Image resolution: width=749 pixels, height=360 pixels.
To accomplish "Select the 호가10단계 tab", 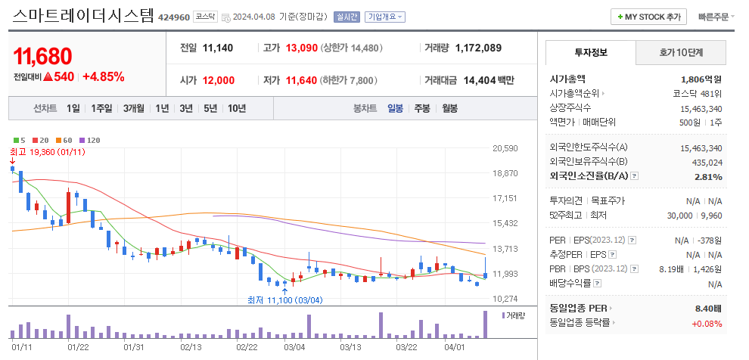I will [x=680, y=53].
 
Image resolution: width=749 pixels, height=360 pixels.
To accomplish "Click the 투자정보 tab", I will [x=590, y=53].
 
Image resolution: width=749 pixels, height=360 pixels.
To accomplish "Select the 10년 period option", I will [x=236, y=108].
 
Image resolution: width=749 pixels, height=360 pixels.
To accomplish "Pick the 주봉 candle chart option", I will [x=421, y=108].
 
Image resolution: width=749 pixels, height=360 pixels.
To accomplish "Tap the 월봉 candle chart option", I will [x=449, y=108].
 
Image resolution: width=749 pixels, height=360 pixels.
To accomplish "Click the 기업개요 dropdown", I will [x=385, y=17].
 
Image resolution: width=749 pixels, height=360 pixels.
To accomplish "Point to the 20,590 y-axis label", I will [x=505, y=148].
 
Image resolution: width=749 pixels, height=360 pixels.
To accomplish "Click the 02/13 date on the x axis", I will [x=191, y=347].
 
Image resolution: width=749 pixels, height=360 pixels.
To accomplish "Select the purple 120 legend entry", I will [x=90, y=140].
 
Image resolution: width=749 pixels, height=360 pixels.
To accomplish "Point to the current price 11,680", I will [x=43, y=56].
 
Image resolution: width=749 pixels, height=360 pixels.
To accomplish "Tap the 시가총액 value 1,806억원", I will [x=701, y=79].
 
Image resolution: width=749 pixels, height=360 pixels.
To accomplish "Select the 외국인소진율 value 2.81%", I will [x=708, y=176].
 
